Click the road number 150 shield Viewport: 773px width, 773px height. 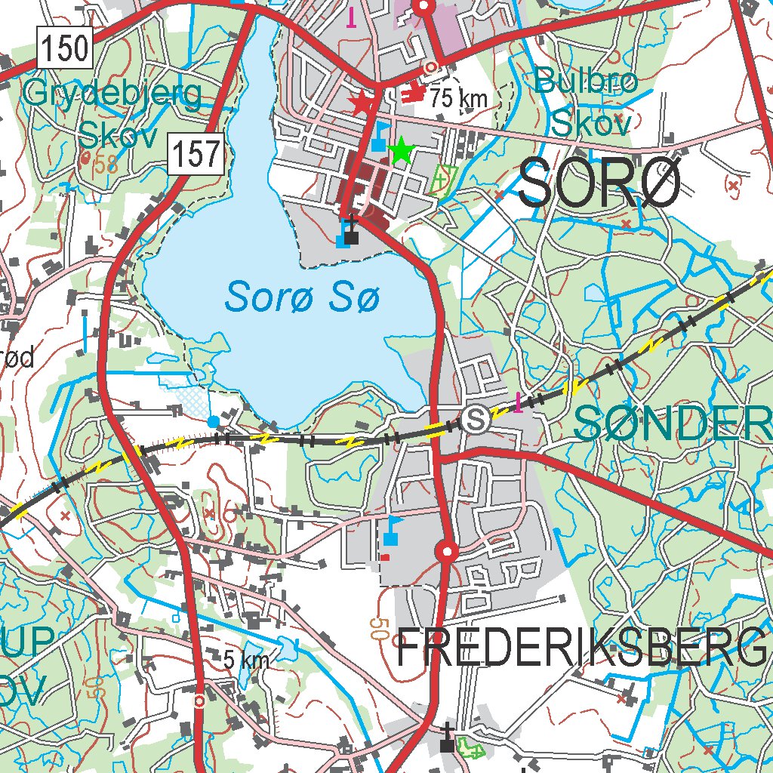click(x=65, y=50)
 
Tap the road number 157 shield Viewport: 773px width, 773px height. click(x=198, y=155)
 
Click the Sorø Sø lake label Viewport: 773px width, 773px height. click(x=302, y=296)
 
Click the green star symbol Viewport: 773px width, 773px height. click(x=402, y=151)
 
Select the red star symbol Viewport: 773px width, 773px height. click(x=363, y=103)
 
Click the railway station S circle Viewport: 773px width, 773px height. click(x=476, y=418)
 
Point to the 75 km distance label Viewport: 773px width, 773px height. click(x=460, y=97)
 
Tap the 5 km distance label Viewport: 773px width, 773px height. click(x=246, y=660)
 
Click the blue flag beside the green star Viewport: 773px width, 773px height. click(x=380, y=137)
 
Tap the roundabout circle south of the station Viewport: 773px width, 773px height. click(x=447, y=553)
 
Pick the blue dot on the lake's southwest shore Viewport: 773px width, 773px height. click(x=214, y=420)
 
